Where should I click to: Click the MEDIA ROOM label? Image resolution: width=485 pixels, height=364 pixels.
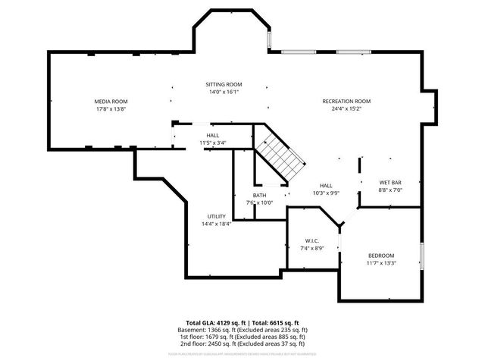111,101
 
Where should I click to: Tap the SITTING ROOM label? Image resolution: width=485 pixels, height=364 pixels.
224,84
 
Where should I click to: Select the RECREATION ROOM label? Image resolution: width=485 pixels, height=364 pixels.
346,101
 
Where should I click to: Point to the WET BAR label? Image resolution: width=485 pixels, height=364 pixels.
390,183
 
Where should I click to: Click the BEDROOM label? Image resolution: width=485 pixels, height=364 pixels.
381,256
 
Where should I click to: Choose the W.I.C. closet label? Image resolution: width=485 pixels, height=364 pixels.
312,240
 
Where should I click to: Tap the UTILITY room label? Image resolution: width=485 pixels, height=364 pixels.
216,216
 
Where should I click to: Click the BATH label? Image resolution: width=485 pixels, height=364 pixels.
259,195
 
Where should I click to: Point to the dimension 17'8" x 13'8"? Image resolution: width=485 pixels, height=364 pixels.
111,109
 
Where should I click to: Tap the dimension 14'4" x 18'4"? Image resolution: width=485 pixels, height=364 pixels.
216,224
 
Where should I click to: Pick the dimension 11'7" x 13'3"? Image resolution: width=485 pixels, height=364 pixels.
381,263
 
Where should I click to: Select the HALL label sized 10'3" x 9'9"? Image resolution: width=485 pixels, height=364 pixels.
326,185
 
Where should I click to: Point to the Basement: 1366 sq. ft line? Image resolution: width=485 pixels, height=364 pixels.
243,331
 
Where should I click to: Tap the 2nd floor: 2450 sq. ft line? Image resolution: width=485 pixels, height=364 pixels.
243,345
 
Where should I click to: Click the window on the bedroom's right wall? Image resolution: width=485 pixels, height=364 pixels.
422,255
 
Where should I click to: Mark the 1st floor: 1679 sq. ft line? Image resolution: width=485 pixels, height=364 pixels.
243,337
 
